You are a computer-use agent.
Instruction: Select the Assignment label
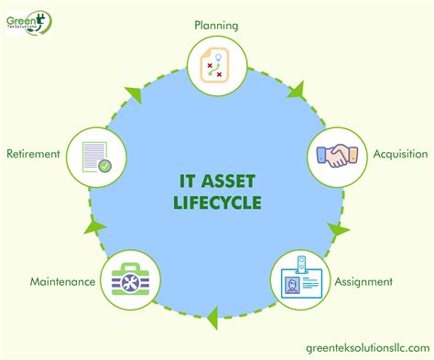(x=364, y=281)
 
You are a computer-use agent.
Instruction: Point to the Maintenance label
(x=63, y=281)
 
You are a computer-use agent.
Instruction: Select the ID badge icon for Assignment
(x=298, y=279)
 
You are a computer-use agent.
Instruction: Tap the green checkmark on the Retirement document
(x=105, y=166)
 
